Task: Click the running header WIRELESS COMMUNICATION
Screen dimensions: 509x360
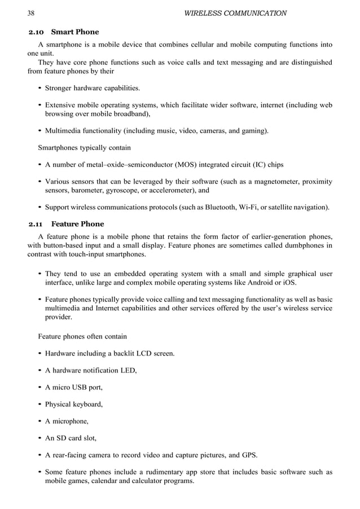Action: (x=235, y=12)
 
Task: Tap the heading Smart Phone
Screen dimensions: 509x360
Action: (x=75, y=32)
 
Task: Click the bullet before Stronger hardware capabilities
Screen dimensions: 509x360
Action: (x=39, y=89)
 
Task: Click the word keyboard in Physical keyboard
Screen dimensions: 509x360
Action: (x=87, y=404)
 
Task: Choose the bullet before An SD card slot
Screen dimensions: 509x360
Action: (x=39, y=438)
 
